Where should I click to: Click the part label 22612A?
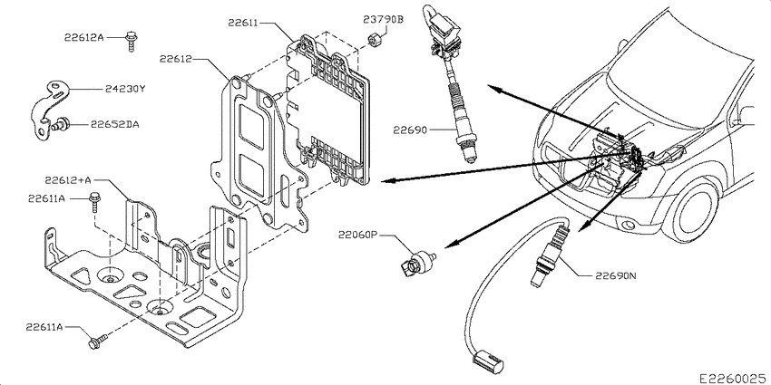[83, 37]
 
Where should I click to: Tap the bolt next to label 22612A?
[131, 42]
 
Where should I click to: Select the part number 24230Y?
[125, 89]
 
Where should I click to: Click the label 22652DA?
[114, 124]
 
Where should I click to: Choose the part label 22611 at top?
[243, 22]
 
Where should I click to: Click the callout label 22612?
[175, 59]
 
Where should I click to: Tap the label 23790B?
[383, 20]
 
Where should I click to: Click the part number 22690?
[409, 130]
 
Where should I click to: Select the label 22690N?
[616, 276]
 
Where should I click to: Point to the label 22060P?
[357, 235]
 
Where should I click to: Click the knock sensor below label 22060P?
[417, 261]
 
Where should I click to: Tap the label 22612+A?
[68, 180]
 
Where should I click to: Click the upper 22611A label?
[48, 199]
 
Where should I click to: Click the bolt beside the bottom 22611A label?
[98, 342]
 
